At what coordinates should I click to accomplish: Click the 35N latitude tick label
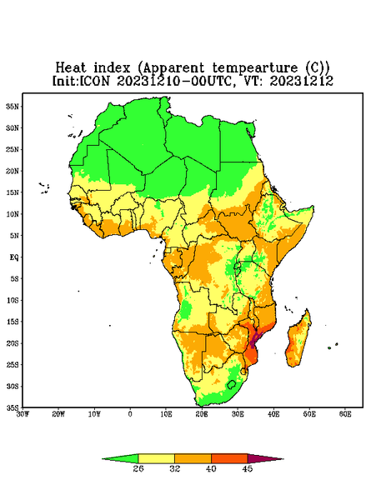pos(13,106)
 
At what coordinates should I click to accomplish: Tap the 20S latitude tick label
pos(13,343)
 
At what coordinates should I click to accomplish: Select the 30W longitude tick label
pos(23,414)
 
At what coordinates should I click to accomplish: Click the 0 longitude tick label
pos(130,414)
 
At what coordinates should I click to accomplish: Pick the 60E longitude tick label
pos(345,414)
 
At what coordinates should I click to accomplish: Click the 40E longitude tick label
pos(273,414)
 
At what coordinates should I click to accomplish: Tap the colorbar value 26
pos(138,468)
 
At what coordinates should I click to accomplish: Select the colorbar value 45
pos(248,468)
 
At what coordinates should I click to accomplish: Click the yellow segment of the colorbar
pos(156,458)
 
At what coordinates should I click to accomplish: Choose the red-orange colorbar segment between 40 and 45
pos(229,458)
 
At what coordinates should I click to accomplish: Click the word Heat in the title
pos(71,68)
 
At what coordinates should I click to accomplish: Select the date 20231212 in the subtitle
pos(301,81)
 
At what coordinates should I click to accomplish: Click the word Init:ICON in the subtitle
pos(81,81)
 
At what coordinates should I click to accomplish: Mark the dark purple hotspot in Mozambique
pos(254,341)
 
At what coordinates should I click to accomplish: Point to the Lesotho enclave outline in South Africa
pos(231,384)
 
